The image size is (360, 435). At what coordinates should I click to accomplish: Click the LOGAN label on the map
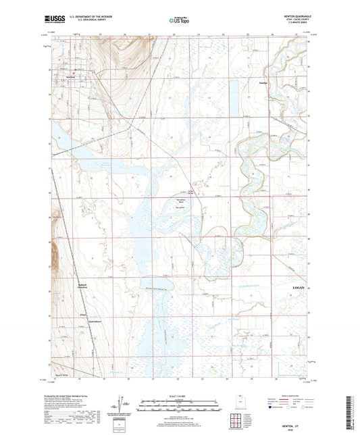pyautogui.click(x=302, y=287)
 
